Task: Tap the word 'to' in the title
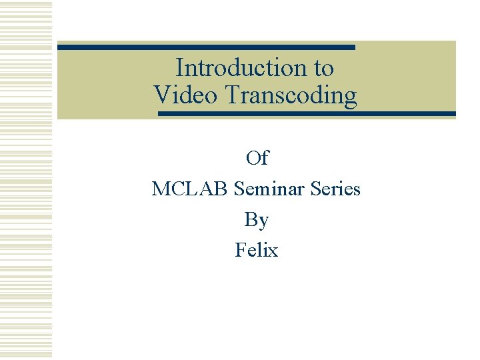click(x=323, y=68)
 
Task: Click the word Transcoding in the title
click(x=291, y=95)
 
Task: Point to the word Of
click(x=257, y=158)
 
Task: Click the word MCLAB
click(x=191, y=189)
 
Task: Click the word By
click(x=257, y=219)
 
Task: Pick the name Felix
click(x=257, y=250)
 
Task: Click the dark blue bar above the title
click(x=206, y=47)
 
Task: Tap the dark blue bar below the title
click(x=307, y=114)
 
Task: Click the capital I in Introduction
click(x=179, y=68)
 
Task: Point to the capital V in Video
click(x=161, y=95)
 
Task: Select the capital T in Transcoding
click(x=233, y=95)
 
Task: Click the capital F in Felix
click(x=240, y=250)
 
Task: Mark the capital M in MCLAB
click(x=161, y=189)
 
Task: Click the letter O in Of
click(x=253, y=158)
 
